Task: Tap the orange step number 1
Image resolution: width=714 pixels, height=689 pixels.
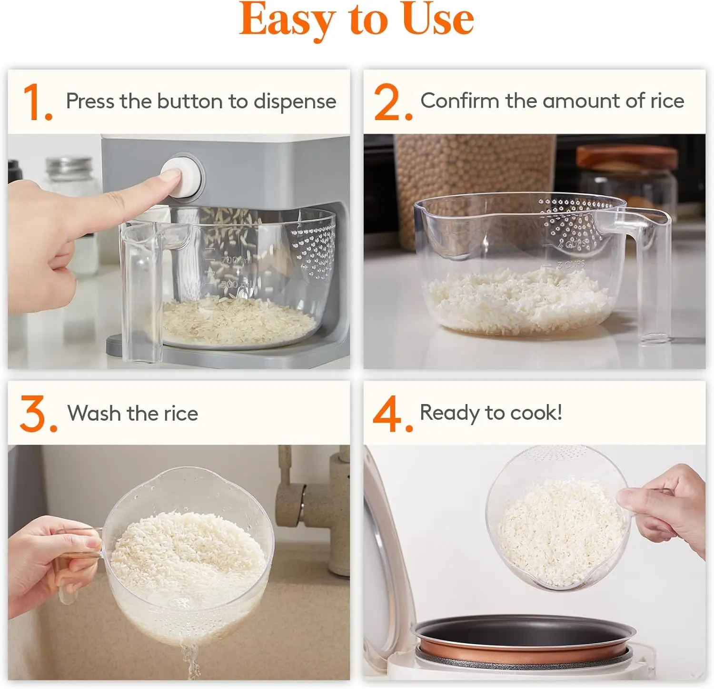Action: (37, 102)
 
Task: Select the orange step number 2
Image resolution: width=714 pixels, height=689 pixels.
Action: (393, 102)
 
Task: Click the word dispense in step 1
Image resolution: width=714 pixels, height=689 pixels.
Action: (295, 102)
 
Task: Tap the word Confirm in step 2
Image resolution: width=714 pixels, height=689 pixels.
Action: (460, 101)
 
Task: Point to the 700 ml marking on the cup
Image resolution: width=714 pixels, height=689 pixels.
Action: (236, 260)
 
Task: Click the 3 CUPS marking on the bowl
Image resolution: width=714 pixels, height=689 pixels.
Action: (571, 264)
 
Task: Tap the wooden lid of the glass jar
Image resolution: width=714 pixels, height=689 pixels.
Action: (627, 158)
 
